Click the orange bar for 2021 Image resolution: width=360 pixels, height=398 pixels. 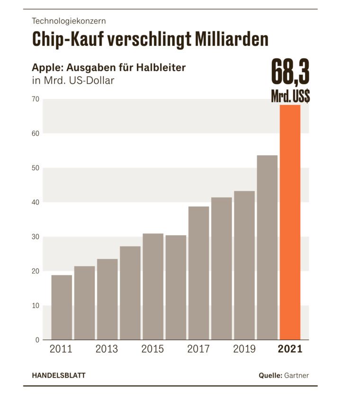290,222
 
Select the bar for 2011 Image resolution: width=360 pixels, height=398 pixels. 62,308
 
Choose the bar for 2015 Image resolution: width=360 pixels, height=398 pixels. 153,287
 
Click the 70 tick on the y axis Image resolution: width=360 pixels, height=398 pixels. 35,99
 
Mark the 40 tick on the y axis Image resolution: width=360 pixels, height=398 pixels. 35,203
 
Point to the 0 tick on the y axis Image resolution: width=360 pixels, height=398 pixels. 37,340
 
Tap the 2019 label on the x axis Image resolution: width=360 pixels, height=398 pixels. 244,350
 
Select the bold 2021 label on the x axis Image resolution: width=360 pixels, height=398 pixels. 290,350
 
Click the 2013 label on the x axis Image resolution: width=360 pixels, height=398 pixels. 107,350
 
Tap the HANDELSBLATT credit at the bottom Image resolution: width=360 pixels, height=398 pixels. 59,376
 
